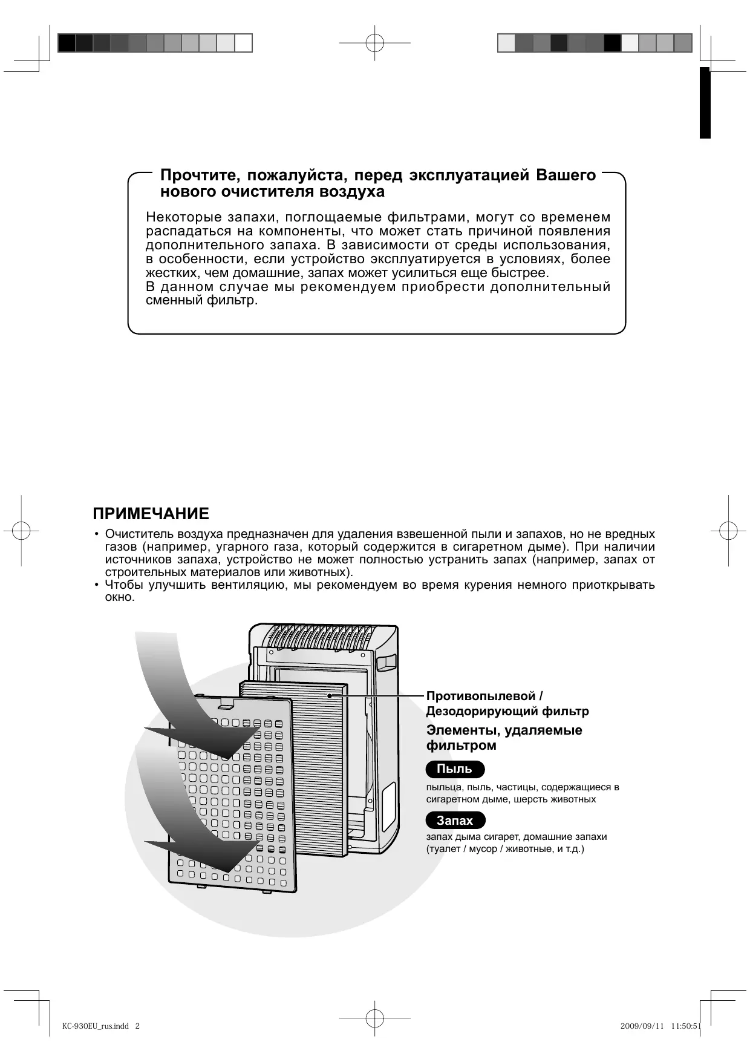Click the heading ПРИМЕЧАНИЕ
pyautogui.click(x=151, y=514)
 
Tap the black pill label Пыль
pyautogui.click(x=454, y=769)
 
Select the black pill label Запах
pyautogui.click(x=455, y=821)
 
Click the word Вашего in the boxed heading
pyautogui.click(x=566, y=175)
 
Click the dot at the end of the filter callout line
pyautogui.click(x=330, y=696)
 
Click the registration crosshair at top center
pyautogui.click(x=374, y=43)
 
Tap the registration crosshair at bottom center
pyautogui.click(x=374, y=1018)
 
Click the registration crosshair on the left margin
pyautogui.click(x=21, y=530)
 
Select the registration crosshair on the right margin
pyautogui.click(x=728, y=530)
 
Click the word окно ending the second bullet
pyautogui.click(x=119, y=597)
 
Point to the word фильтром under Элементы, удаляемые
pyautogui.click(x=461, y=746)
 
